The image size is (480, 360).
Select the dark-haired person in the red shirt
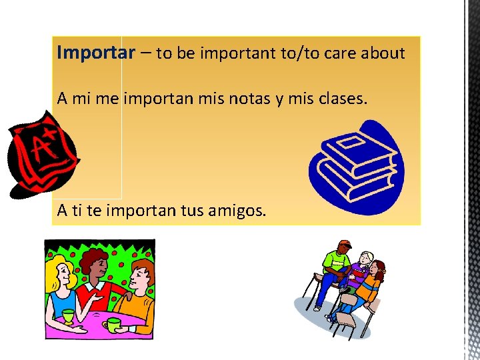pos(96,280)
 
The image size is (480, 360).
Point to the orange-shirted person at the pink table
pos(139,293)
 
